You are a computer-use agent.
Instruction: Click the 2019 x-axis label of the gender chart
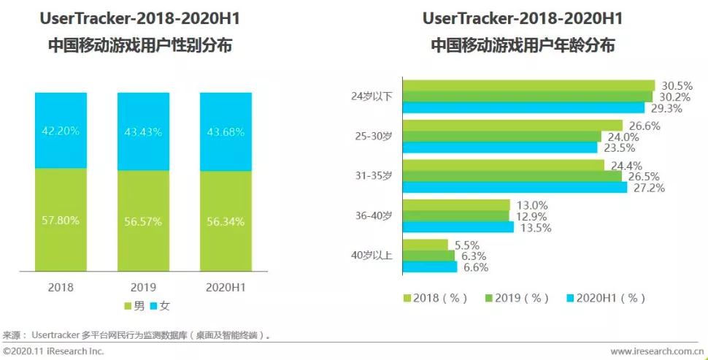(x=144, y=287)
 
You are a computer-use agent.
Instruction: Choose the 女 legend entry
(x=159, y=305)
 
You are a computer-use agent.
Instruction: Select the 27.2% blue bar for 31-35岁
(x=515, y=188)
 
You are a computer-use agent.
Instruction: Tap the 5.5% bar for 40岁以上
(x=425, y=245)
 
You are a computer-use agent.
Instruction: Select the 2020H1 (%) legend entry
(x=606, y=298)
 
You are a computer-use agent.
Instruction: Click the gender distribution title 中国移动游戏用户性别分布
(x=140, y=45)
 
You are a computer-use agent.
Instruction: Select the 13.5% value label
(x=535, y=228)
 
